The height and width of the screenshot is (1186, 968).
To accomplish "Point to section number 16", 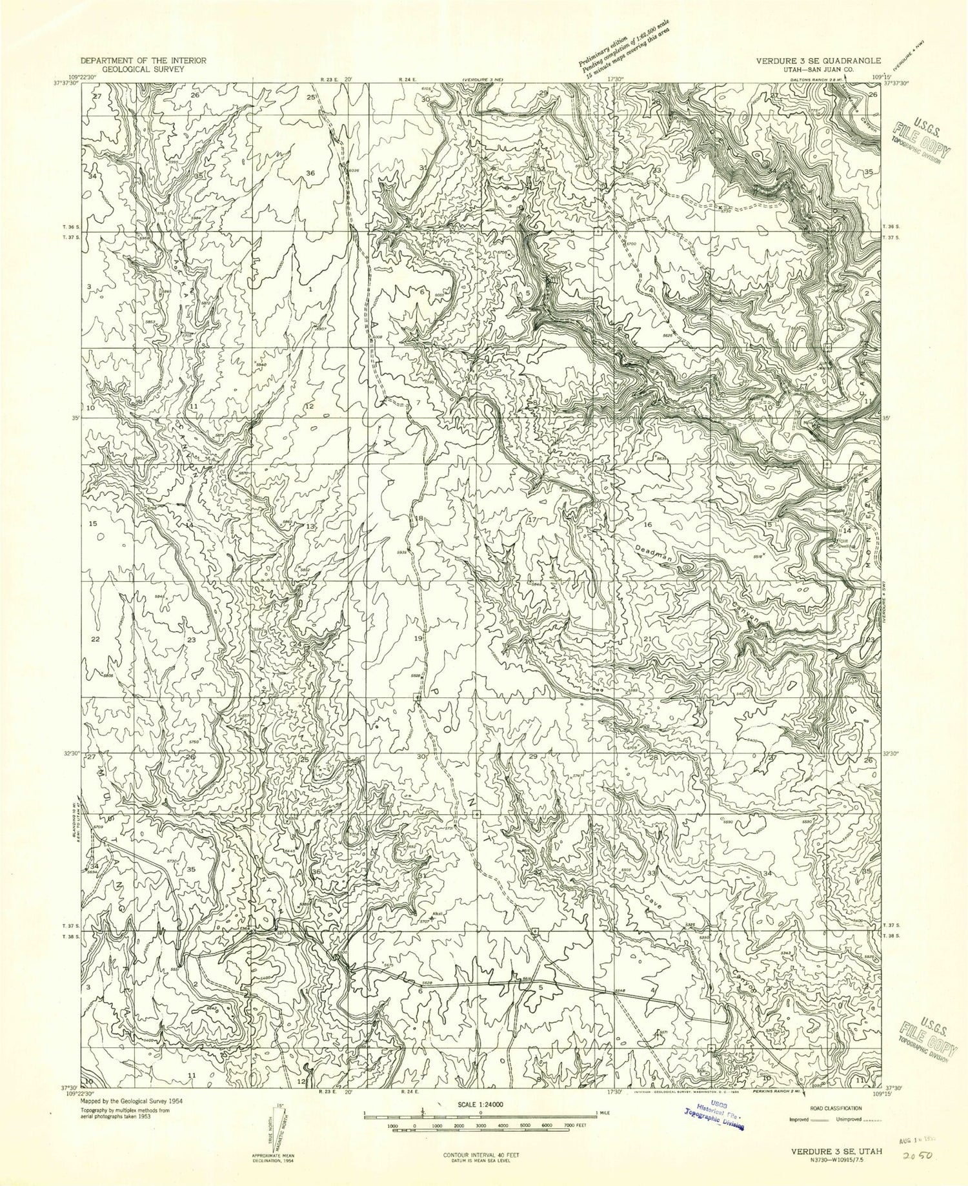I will coord(647,524).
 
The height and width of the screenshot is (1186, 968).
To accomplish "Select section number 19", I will coord(418,638).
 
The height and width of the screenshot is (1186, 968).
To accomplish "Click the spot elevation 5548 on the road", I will coord(621,990).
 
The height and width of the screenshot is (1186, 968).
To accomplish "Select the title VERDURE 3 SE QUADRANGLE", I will coord(813,60).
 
